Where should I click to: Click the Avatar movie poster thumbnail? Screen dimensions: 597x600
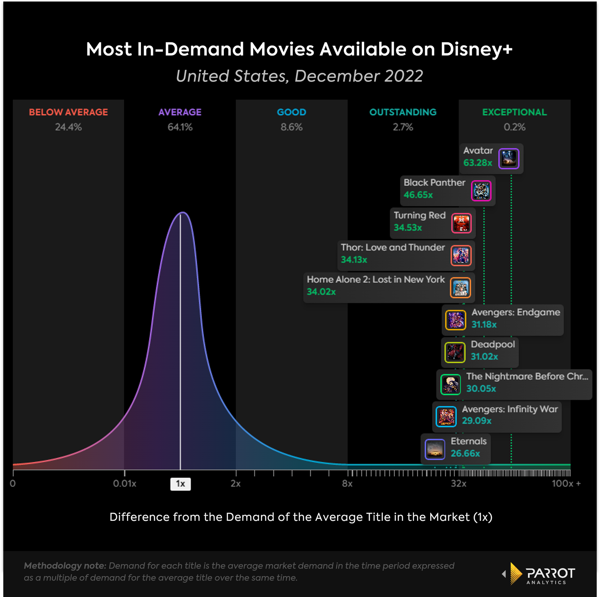coord(508,158)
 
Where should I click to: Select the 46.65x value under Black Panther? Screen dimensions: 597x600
coord(418,195)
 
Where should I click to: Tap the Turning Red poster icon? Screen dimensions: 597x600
coord(461,223)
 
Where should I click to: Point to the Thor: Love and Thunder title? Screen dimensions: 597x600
coord(393,247)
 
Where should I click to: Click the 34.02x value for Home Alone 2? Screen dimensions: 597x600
coord(321,292)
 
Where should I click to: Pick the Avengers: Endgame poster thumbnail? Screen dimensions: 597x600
coord(456,320)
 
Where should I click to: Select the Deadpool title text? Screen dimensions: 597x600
coord(493,344)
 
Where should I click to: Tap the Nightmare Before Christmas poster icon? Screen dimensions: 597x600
coord(450,384)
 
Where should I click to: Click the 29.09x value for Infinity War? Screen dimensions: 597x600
coord(476,421)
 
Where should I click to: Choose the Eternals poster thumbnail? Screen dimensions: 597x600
coord(435,449)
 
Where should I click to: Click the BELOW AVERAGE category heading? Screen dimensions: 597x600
coord(68,112)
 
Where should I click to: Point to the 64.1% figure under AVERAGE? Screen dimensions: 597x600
coord(180,127)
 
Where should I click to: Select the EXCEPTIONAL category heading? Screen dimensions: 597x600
coord(514,112)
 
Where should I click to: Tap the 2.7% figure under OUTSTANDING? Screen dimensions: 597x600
coord(403,127)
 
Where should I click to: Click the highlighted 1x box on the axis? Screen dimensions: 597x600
coord(180,484)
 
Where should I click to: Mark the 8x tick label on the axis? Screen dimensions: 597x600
coord(347,484)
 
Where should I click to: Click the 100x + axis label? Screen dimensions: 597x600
coord(566,484)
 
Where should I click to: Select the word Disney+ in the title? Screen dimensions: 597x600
coord(476,50)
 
